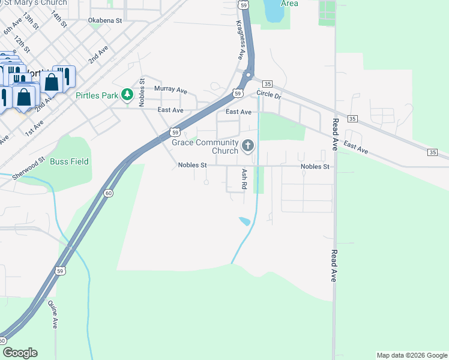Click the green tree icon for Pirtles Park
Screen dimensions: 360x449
(x=127, y=94)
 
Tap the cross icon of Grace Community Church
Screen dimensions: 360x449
(x=247, y=145)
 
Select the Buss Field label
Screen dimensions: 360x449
(x=69, y=161)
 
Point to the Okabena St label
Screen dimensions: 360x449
(x=105, y=20)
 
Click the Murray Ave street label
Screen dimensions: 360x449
(x=171, y=89)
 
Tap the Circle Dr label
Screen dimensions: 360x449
(x=268, y=94)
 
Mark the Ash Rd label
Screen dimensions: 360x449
(x=244, y=179)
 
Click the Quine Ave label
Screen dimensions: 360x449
(x=54, y=314)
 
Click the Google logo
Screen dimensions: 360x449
(x=20, y=353)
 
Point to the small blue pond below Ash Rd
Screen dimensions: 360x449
(x=245, y=221)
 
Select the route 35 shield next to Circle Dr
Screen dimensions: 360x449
(x=268, y=83)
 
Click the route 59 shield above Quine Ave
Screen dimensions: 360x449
(x=60, y=271)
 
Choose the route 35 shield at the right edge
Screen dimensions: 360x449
(x=432, y=153)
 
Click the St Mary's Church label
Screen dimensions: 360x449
(x=41, y=3)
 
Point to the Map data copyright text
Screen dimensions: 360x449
(x=412, y=355)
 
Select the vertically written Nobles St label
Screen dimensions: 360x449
(x=142, y=92)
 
